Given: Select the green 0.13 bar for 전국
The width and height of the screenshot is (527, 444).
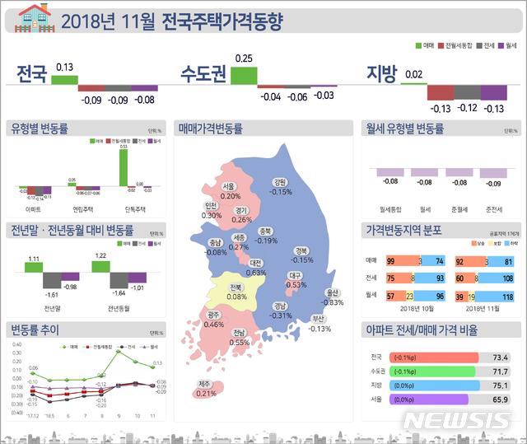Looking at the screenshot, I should (x=63, y=79).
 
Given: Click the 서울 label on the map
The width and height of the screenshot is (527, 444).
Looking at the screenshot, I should (x=229, y=186).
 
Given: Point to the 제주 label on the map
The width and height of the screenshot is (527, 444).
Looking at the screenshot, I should (x=205, y=384).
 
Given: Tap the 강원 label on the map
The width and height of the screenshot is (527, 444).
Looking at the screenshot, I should (x=280, y=182).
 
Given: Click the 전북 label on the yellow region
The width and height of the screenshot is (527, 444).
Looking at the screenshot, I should (x=236, y=287).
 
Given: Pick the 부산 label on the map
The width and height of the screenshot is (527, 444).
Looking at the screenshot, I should (x=319, y=319).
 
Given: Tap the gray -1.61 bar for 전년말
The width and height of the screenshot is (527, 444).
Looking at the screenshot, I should (x=51, y=280).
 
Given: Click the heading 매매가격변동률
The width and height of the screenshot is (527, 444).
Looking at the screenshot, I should (x=210, y=129).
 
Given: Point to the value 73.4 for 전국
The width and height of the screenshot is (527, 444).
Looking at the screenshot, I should (x=500, y=358).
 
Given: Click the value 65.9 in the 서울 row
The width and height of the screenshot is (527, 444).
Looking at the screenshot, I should (x=500, y=399).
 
